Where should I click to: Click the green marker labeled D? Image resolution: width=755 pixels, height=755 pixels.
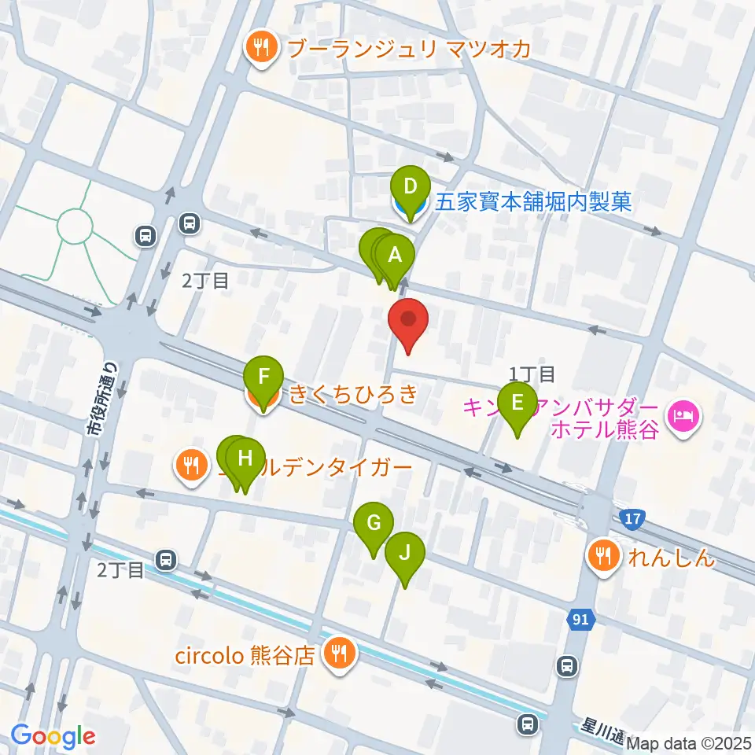409,188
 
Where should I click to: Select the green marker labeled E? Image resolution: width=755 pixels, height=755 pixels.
517,403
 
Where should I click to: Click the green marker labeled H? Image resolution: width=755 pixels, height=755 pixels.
245,459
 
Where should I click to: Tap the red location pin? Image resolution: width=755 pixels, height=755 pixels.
409,321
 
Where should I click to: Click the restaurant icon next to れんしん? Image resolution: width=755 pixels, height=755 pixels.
603,558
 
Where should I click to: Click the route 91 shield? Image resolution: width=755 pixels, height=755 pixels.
580,620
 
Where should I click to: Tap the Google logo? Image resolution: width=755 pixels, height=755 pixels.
53,735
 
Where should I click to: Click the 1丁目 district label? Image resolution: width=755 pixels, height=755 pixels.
532,373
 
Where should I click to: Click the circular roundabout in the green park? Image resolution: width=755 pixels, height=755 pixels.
75,227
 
